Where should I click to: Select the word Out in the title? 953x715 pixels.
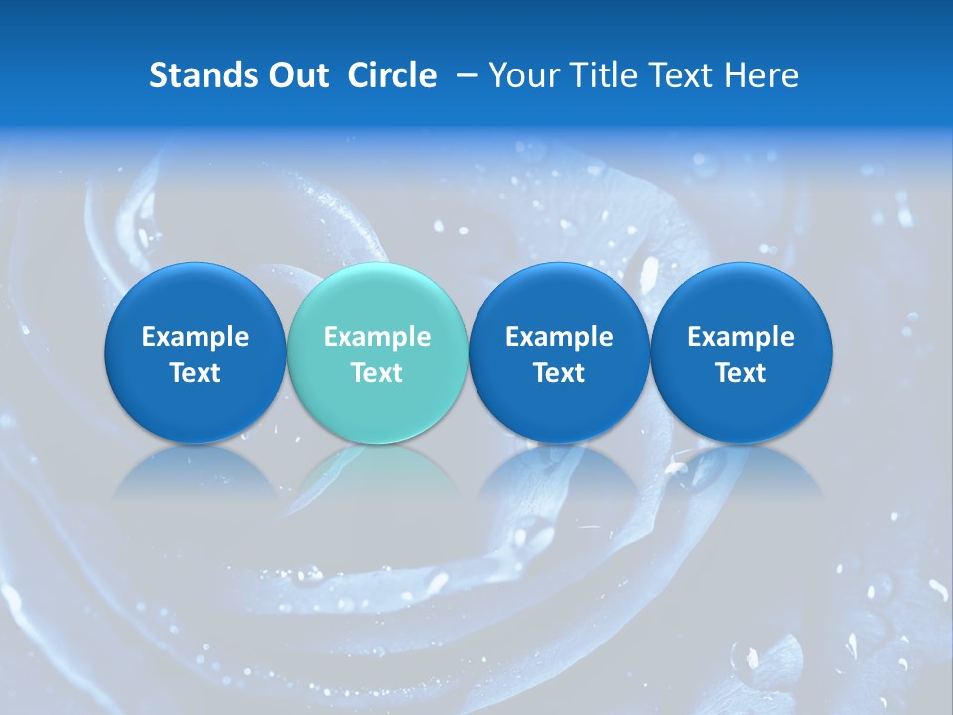(296, 75)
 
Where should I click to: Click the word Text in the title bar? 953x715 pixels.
(680, 75)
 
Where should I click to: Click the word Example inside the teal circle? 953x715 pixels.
(377, 337)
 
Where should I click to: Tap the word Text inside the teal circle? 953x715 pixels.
(377, 373)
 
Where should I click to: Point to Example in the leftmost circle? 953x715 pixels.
(196, 337)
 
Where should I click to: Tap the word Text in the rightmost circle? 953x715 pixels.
(742, 373)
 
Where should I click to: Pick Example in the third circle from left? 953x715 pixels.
(559, 337)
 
